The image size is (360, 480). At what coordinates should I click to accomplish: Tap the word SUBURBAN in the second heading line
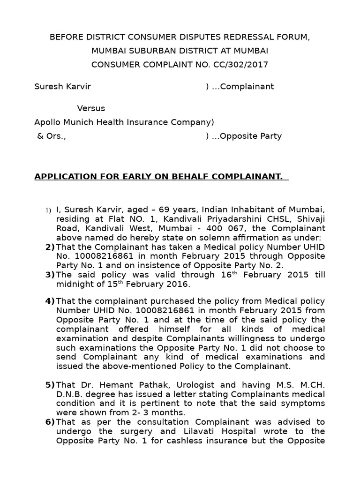(141, 51)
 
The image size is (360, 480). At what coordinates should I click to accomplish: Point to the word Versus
(91, 108)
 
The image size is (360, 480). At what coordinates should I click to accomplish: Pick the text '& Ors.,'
(52, 136)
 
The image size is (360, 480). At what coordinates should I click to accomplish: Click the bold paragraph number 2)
(50, 247)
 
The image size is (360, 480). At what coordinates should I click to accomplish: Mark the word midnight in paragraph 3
(73, 285)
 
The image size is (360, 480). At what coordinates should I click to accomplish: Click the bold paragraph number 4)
(50, 301)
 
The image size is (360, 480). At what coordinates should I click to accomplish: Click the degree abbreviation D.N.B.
(69, 394)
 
